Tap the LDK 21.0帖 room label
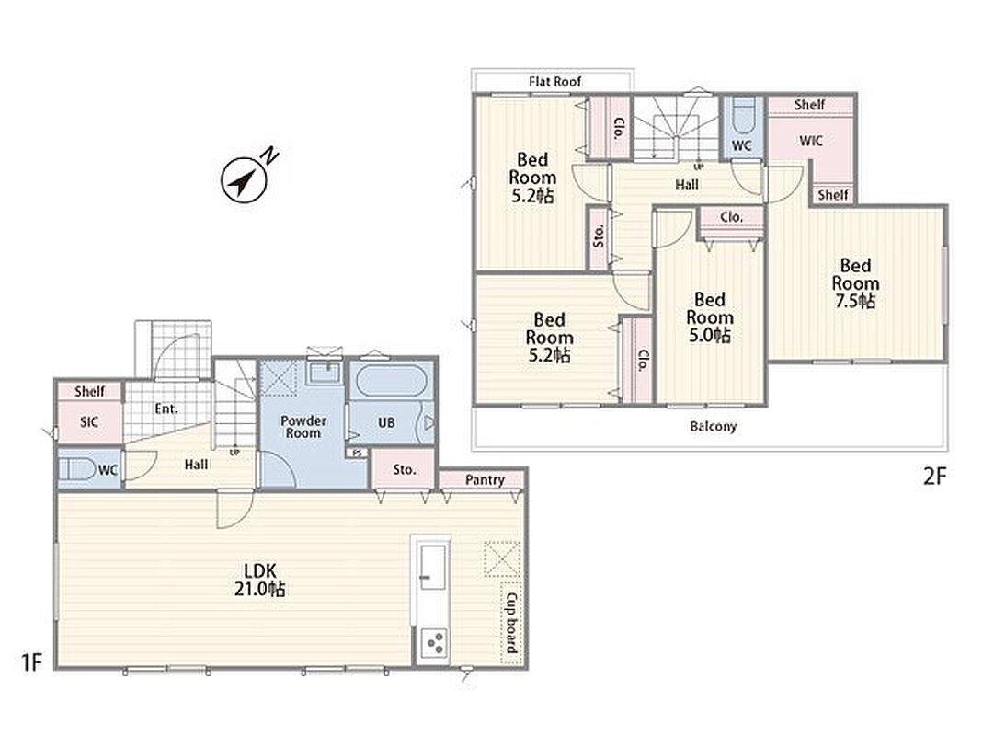[260, 580]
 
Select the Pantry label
[485, 479]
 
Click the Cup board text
[511, 623]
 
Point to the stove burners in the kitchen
[434, 644]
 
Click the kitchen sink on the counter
[434, 566]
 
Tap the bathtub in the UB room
[391, 381]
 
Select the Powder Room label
[303, 427]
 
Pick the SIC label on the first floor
[89, 421]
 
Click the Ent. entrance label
[166, 408]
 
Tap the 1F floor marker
[31, 661]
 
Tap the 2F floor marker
[934, 476]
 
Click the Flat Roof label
[554, 81]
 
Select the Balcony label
[714, 426]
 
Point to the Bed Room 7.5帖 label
[855, 283]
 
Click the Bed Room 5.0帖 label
[710, 317]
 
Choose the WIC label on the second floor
[811, 140]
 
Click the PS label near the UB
[357, 453]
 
